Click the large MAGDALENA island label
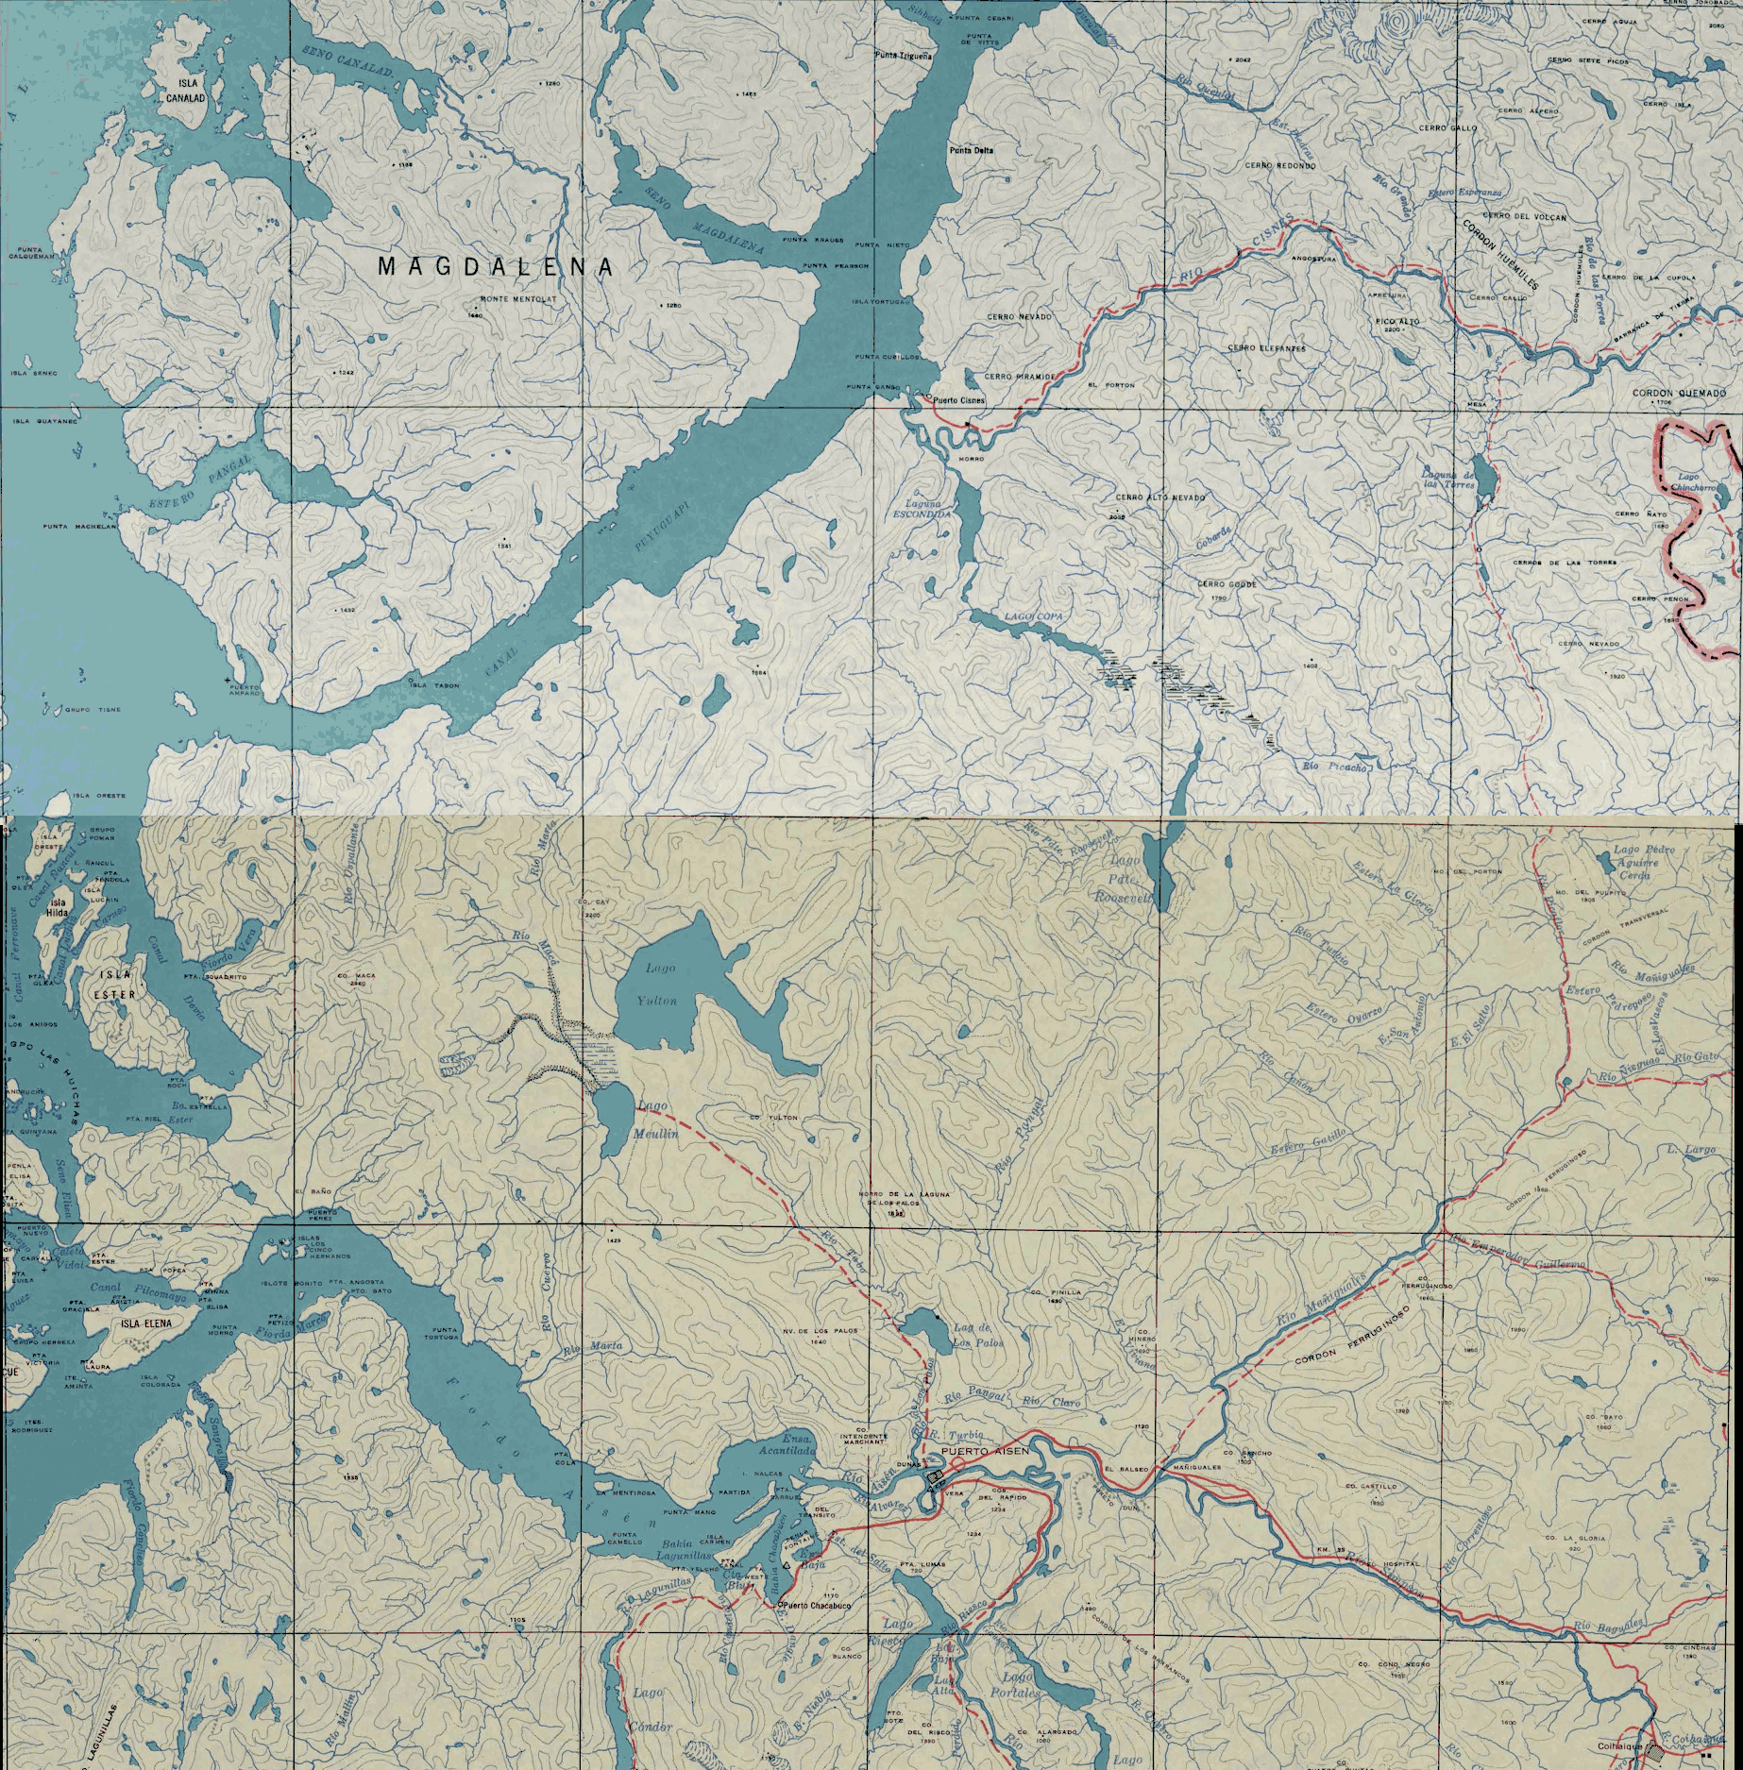[496, 267]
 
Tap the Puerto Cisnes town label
[959, 400]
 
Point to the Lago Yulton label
[663, 985]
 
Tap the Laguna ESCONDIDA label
[918, 511]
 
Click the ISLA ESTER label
[119, 985]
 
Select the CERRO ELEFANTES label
[1266, 347]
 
